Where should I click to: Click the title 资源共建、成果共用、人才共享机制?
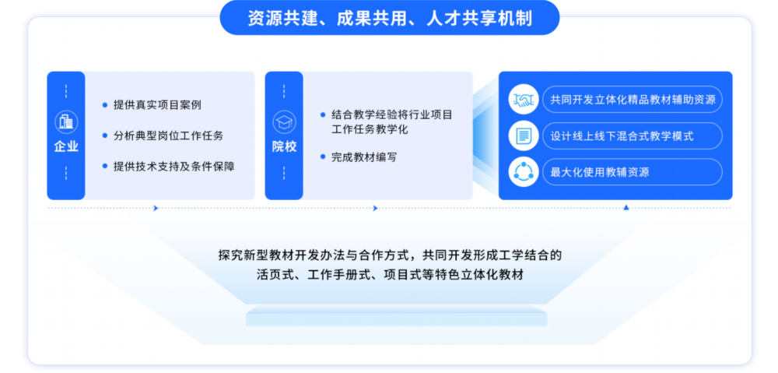pyautogui.click(x=390, y=19)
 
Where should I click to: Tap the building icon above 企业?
pyautogui.click(x=66, y=121)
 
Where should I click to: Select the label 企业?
pyautogui.click(x=66, y=146)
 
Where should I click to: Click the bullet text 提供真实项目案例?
pyautogui.click(x=157, y=105)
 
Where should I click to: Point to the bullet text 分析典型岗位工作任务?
pyautogui.click(x=168, y=135)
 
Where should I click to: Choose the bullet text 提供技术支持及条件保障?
pyautogui.click(x=173, y=167)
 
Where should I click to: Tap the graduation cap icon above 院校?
pyautogui.click(x=284, y=122)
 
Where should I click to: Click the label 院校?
pyautogui.click(x=284, y=146)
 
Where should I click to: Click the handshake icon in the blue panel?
pyautogui.click(x=524, y=100)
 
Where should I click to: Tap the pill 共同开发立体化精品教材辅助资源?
pyautogui.click(x=633, y=100)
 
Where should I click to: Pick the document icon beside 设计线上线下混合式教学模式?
pyautogui.click(x=524, y=135)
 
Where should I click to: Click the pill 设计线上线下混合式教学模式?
pyautogui.click(x=633, y=135)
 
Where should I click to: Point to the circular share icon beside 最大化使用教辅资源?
pyautogui.click(x=524, y=172)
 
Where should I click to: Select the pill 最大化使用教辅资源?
pyautogui.click(x=633, y=172)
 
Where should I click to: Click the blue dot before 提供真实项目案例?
pyautogui.click(x=105, y=105)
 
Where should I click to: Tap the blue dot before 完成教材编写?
pyautogui.click(x=323, y=157)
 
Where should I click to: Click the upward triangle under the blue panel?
pyautogui.click(x=626, y=208)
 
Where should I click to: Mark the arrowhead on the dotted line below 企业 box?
pyautogui.click(x=156, y=208)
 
